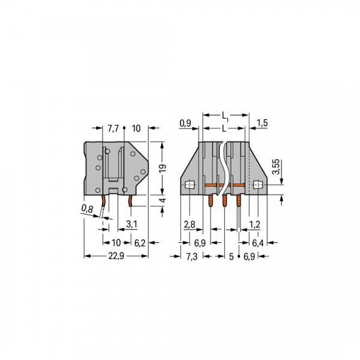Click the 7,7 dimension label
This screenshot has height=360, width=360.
pyautogui.click(x=113, y=128)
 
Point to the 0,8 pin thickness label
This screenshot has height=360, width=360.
pyautogui.click(x=88, y=209)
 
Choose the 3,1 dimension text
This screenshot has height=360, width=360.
pyautogui.click(x=131, y=224)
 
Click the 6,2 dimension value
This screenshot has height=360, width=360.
pyautogui.click(x=139, y=242)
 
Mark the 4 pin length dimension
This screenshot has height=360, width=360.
pyautogui.click(x=162, y=200)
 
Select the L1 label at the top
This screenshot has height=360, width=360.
pyautogui.click(x=225, y=114)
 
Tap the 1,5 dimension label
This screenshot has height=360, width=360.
pyautogui.click(x=262, y=123)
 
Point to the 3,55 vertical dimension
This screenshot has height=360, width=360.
pyautogui.click(x=275, y=166)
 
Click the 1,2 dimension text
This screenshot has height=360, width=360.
pyautogui.click(x=254, y=224)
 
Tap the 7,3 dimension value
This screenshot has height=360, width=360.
pyautogui.click(x=191, y=256)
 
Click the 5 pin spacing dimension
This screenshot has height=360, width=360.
pyautogui.click(x=231, y=256)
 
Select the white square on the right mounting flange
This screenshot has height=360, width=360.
pyautogui.click(x=259, y=185)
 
